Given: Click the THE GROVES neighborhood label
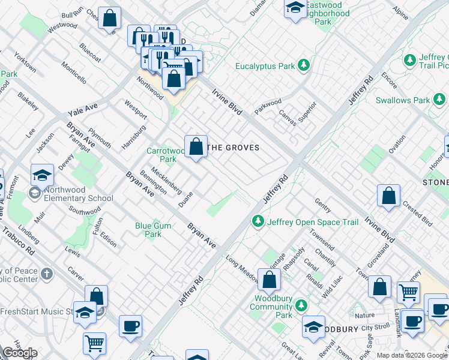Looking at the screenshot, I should tap(233, 148).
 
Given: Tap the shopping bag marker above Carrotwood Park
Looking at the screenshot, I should tap(196, 146).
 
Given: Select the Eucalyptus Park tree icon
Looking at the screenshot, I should tap(304, 65).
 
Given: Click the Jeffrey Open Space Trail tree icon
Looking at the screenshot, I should tap(259, 222).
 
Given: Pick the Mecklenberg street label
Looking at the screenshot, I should tap(166, 180).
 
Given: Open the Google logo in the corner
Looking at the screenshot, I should tap(20, 353).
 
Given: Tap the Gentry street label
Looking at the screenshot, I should tap(322, 206).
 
